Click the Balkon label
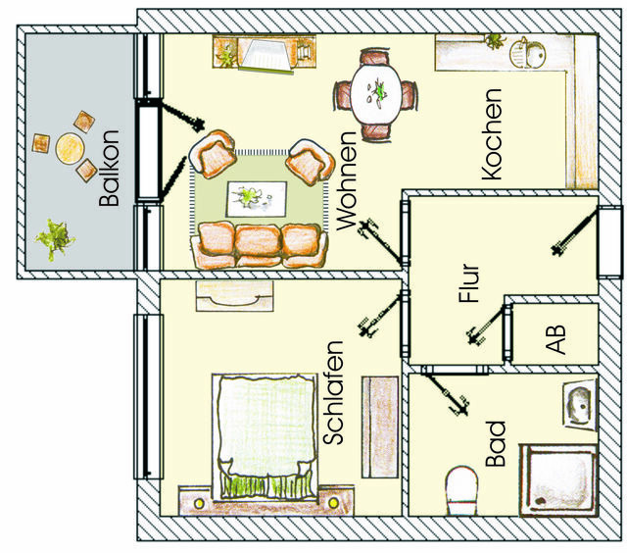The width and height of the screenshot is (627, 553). point(110,169)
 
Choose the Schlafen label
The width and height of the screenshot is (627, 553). point(333,393)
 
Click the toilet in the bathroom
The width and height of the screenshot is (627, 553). point(460,487)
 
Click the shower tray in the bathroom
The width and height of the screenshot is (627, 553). point(557,478)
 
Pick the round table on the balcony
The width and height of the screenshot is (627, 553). point(70,148)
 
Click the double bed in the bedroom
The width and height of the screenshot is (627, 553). point(259,431)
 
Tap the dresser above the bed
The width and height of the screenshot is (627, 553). point(234,295)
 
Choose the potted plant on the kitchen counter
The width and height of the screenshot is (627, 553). point(496,42)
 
